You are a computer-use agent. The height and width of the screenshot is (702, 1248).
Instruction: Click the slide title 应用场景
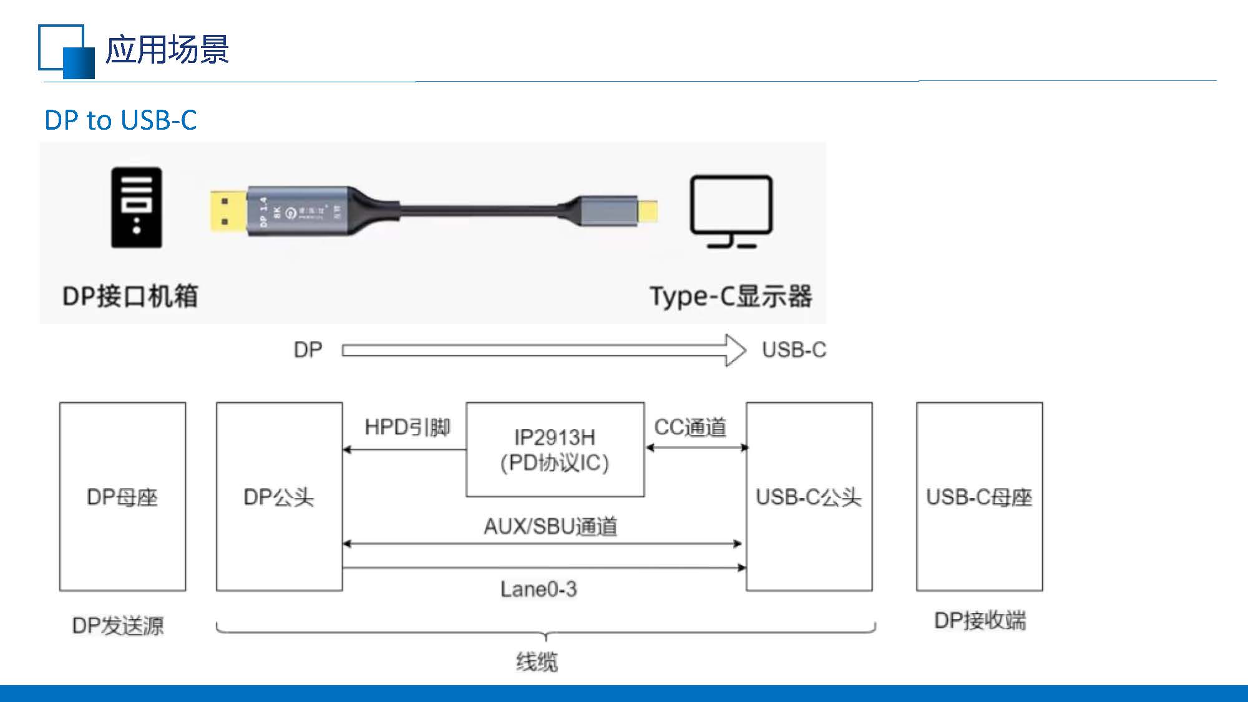click(167, 50)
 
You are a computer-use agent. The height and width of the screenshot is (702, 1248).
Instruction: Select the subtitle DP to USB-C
click(120, 120)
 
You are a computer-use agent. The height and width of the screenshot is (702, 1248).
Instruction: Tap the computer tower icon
click(136, 208)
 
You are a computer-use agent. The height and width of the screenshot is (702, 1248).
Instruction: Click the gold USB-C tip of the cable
click(649, 210)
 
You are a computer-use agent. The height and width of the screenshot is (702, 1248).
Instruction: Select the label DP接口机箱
click(130, 296)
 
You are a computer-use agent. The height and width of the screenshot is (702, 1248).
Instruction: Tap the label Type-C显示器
click(731, 296)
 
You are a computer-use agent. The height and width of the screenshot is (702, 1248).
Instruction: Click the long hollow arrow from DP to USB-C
click(543, 350)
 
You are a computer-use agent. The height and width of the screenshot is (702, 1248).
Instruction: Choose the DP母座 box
click(122, 496)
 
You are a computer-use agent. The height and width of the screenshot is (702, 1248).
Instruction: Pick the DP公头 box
click(279, 496)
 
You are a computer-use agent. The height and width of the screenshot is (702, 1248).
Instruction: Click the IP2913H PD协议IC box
click(555, 450)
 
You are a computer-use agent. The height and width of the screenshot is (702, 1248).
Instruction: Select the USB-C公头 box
click(809, 496)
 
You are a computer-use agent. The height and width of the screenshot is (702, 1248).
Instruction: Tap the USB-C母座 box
click(979, 496)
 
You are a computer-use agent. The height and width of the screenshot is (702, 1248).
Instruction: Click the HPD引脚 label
click(407, 428)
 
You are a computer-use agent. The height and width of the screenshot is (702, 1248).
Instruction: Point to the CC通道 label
click(690, 428)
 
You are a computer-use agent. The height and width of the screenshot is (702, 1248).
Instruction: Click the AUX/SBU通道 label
click(550, 527)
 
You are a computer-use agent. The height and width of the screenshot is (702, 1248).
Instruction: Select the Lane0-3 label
click(539, 589)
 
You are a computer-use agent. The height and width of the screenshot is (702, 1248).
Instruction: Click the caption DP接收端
click(980, 621)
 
